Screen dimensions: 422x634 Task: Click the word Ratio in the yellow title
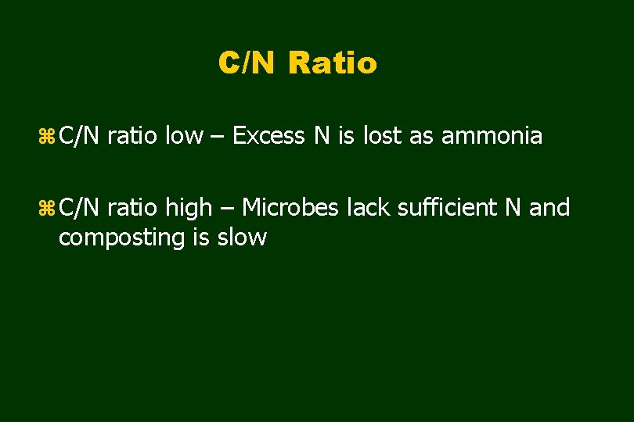333,63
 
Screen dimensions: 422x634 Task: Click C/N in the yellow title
247,63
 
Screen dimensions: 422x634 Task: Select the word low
182,136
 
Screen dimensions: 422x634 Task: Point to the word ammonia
492,136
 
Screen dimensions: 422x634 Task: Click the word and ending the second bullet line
549,208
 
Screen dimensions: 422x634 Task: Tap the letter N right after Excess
322,136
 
